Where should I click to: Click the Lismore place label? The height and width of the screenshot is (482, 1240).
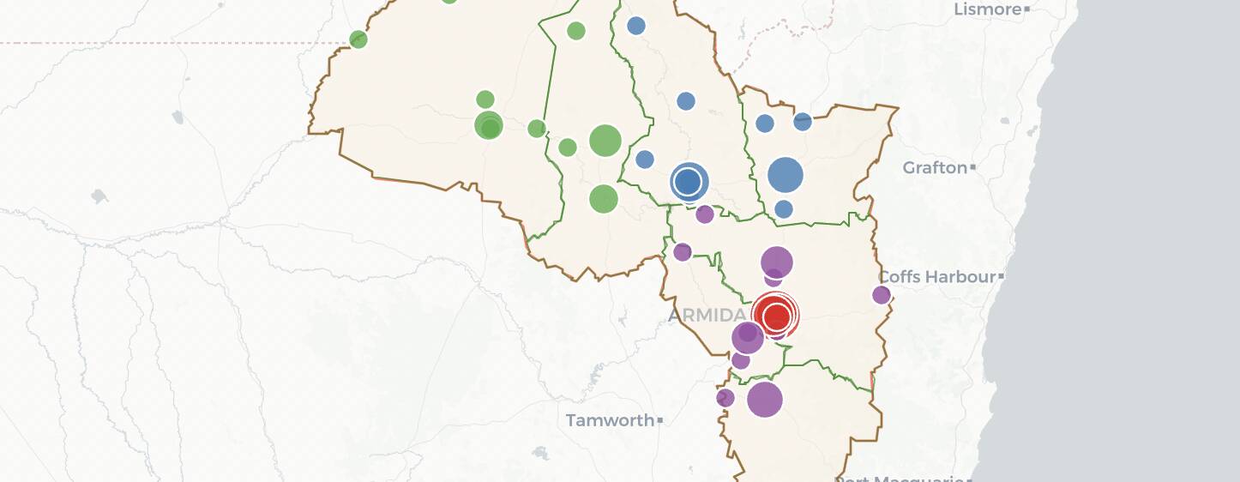[x=988, y=9]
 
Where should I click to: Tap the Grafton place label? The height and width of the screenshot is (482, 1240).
[x=935, y=167]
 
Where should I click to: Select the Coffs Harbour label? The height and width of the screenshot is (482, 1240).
[x=936, y=277]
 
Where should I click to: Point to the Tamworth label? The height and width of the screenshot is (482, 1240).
[x=610, y=420]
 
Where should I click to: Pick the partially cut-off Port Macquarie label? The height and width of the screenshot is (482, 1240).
[x=900, y=478]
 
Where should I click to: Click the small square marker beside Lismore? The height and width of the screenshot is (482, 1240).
[x=1027, y=9]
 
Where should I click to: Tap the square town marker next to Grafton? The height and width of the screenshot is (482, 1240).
[x=972, y=168]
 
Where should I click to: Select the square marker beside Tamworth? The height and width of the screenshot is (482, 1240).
[x=659, y=420]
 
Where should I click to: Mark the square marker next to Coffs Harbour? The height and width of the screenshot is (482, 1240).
[x=1001, y=277]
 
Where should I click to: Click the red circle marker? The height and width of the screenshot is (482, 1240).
[x=776, y=316]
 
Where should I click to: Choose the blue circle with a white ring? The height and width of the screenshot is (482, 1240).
[x=688, y=181]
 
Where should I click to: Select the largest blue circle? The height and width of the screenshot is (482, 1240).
[x=785, y=175]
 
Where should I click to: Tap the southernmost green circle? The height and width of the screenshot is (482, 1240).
[x=604, y=199]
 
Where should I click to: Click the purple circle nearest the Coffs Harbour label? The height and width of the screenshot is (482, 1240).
[x=882, y=295]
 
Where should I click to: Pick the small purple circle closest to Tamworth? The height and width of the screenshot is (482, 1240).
[x=725, y=398]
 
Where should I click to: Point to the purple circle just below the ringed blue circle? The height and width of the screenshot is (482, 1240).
[x=705, y=214]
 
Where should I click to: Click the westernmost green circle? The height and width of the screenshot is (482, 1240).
[x=358, y=39]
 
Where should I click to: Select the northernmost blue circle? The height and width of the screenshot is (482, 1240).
[x=636, y=26]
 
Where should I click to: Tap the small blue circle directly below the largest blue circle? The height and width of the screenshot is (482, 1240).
[x=784, y=209]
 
